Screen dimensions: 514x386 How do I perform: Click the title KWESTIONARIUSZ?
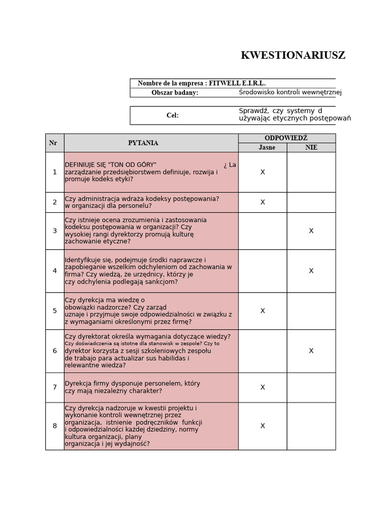tap(293, 56)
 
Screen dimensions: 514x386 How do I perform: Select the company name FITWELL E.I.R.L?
tap(237, 83)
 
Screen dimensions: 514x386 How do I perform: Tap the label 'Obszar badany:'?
tap(175, 93)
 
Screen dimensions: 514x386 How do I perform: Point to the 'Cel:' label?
tap(172, 115)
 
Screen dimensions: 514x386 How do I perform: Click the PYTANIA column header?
tap(143, 143)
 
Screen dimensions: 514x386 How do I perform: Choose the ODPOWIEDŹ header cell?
tap(286, 138)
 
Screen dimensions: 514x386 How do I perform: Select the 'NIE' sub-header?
tap(311, 148)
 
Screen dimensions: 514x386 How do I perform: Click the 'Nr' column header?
tap(53, 143)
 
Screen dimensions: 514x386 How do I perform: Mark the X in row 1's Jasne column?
tap(262, 172)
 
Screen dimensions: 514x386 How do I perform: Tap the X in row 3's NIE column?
tap(311, 231)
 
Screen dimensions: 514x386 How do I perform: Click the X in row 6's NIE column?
tap(311, 351)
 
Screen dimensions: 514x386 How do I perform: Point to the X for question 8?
tap(262, 426)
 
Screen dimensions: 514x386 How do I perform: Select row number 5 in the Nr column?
tap(55, 311)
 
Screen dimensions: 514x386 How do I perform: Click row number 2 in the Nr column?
tap(55, 202)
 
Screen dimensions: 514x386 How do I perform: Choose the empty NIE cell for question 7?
tap(311, 387)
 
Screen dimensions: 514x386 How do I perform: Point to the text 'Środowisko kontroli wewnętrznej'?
tap(290, 92)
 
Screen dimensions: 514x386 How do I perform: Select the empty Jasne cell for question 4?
tap(262, 271)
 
